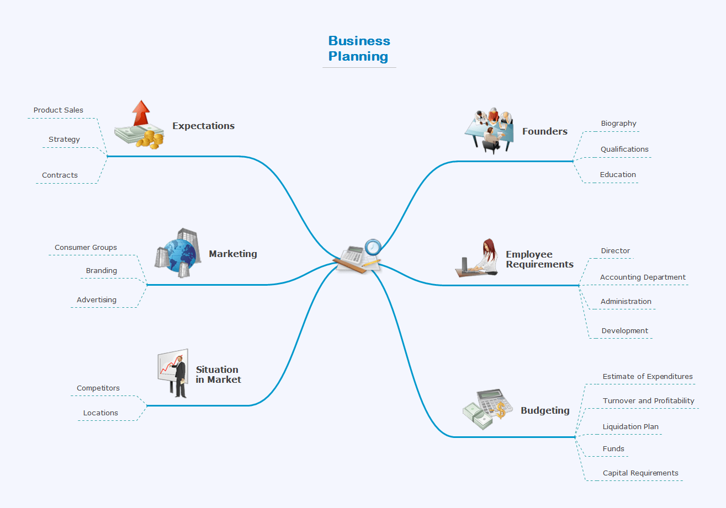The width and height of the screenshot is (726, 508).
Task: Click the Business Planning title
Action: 359,49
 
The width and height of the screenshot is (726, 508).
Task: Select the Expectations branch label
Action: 203,126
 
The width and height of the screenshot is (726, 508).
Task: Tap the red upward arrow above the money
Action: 141,113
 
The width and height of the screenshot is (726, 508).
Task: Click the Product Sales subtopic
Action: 59,110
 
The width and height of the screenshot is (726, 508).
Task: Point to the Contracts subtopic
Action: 60,175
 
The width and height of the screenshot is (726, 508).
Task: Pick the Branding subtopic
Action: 102,271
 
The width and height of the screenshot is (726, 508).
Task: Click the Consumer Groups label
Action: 86,248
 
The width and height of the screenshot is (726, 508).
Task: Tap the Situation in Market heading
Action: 218,375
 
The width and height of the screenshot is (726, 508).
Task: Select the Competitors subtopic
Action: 98,388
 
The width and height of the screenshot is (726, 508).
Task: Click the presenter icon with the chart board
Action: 173,373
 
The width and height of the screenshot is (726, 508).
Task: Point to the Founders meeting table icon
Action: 489,130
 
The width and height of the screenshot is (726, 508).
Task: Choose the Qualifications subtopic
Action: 624,149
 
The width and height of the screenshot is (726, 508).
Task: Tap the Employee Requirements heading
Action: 539,259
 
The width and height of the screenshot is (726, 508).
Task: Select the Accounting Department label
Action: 643,277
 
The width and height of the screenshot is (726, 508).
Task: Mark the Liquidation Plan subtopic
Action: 630,427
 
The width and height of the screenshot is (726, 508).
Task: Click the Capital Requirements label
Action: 640,473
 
